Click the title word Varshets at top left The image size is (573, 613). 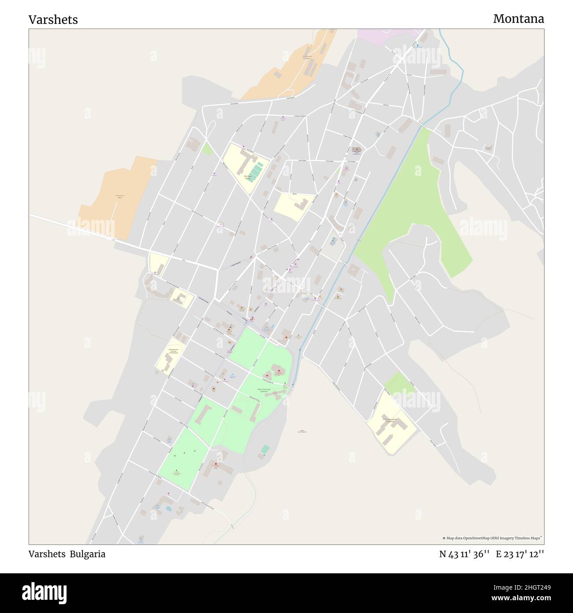click(x=53, y=20)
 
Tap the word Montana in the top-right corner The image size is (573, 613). click(x=518, y=19)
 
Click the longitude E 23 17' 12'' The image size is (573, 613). click(x=520, y=554)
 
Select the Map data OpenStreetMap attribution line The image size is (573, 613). click(x=492, y=538)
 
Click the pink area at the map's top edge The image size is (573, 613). click(x=388, y=36)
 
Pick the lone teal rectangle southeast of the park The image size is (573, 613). click(x=265, y=449)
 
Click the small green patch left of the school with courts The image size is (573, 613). click(x=207, y=148)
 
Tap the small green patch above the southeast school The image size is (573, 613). click(x=399, y=383)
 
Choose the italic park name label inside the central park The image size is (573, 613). click(x=264, y=389)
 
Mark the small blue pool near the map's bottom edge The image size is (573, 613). click(x=168, y=508)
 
